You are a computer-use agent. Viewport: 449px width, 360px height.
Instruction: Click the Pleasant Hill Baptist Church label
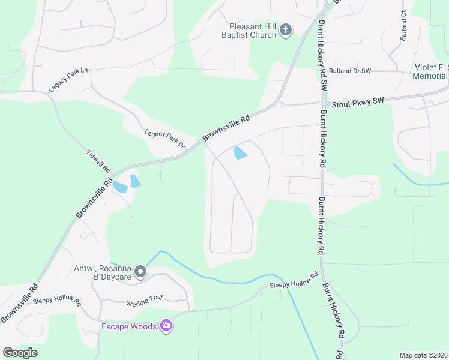(x=253, y=31)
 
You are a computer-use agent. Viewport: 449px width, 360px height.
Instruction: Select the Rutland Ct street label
(x=403, y=26)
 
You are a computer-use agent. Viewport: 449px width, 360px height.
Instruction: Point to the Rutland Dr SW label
(x=351, y=71)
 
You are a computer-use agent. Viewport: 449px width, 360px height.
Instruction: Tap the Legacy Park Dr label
(x=164, y=139)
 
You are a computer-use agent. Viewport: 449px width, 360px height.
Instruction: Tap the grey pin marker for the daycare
(x=140, y=272)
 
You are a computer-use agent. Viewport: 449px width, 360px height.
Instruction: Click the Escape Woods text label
(x=129, y=326)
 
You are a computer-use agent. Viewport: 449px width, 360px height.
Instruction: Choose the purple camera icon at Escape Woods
(x=166, y=326)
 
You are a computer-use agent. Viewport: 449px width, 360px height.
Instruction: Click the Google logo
(x=20, y=353)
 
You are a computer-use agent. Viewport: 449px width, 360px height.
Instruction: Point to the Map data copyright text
(x=424, y=355)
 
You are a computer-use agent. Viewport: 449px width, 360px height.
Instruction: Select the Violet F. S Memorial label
(x=430, y=71)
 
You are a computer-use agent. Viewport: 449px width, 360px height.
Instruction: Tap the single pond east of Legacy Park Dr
(x=240, y=153)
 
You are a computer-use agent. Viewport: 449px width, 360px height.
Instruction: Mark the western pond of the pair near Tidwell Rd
(x=119, y=187)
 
